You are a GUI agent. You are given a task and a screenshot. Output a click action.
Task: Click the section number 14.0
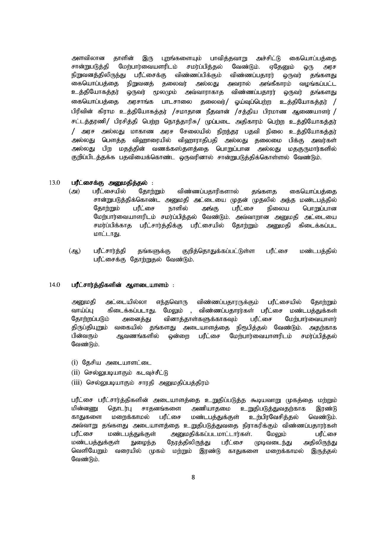55,285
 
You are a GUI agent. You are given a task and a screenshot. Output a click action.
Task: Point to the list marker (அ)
74,191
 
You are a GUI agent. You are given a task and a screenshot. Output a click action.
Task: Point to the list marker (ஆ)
74,251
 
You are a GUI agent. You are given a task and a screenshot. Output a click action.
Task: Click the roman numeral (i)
74,362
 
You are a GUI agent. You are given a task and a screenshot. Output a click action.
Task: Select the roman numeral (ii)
76,372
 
